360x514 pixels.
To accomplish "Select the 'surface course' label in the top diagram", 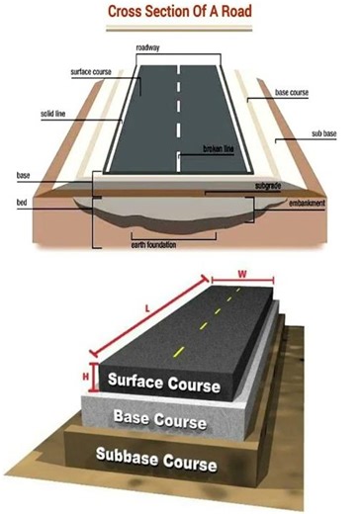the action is pos(92,72).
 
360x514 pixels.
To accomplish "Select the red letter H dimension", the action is pos(87,374).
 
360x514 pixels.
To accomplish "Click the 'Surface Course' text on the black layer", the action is pos(163,382).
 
